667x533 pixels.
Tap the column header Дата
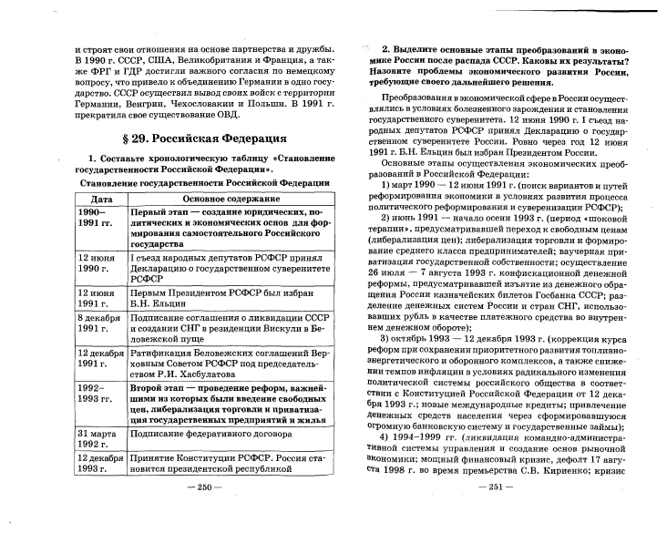click(90, 198)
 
